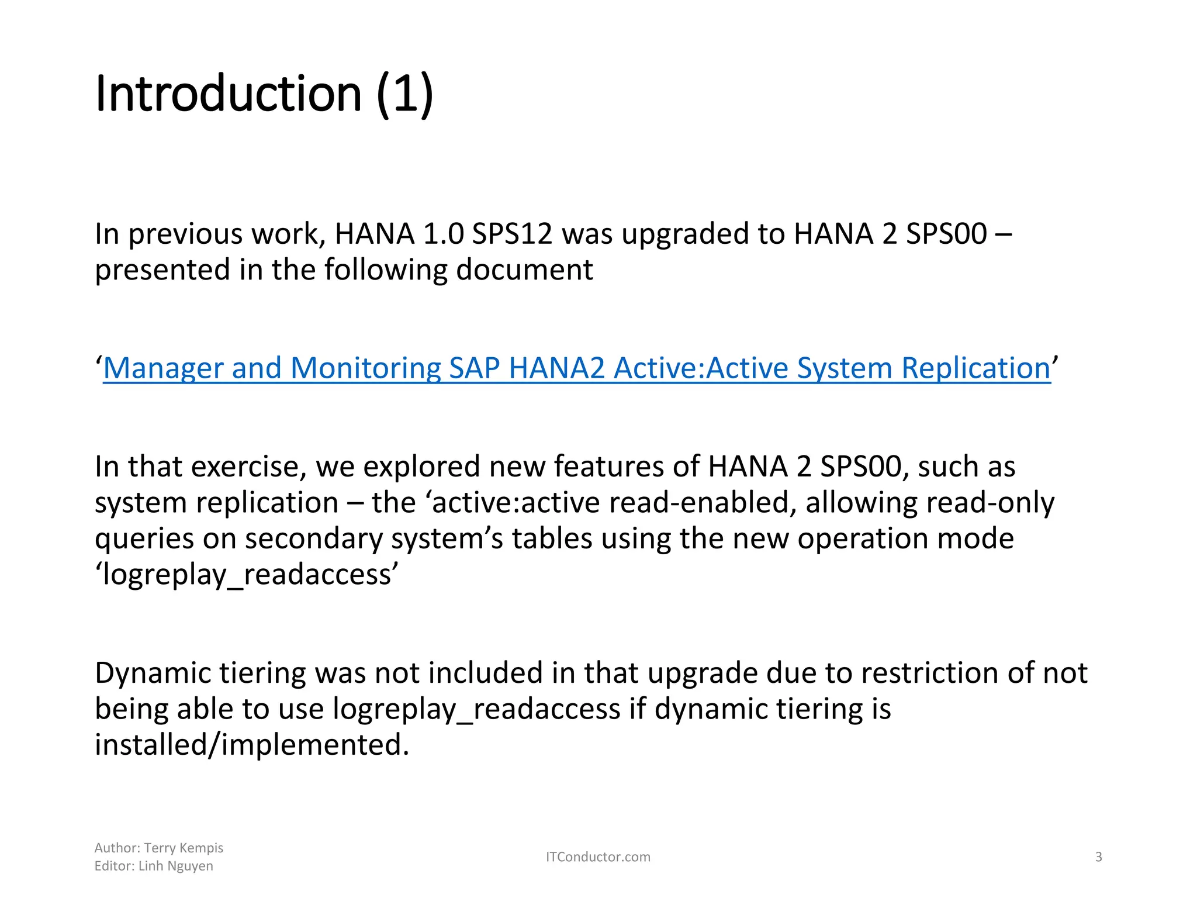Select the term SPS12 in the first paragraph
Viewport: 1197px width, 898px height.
coord(512,234)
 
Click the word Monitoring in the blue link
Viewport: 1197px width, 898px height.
coord(365,368)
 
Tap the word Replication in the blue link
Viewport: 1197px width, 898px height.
coord(975,368)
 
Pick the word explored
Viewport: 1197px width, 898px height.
coord(422,467)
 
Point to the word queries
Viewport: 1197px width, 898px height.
coord(144,538)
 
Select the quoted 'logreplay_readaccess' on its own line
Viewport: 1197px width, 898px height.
coord(247,574)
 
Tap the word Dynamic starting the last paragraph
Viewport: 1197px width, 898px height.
coord(153,673)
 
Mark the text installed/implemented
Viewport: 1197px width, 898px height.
coord(252,745)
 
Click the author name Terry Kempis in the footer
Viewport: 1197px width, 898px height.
coord(184,848)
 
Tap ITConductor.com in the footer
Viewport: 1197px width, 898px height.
coord(598,857)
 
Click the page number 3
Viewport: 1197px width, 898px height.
coord(1098,857)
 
